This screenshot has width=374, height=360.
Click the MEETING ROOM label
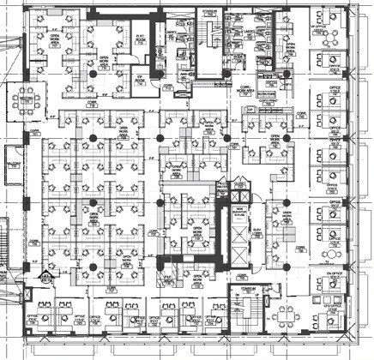point(23,98)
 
